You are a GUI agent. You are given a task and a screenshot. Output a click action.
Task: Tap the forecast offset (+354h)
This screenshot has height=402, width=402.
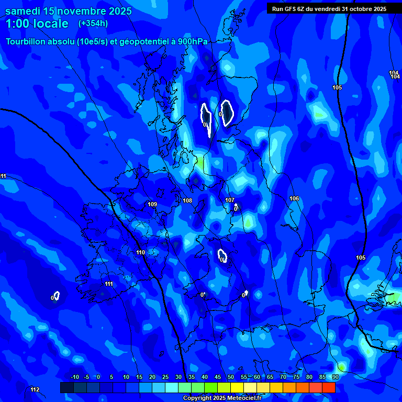[x=93, y=24]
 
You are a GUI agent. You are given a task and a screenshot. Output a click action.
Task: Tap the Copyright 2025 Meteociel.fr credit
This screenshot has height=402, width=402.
[x=222, y=398]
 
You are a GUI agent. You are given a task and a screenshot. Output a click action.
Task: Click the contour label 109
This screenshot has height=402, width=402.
[x=152, y=204]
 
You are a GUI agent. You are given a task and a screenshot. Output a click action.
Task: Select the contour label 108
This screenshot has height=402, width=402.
[x=187, y=200]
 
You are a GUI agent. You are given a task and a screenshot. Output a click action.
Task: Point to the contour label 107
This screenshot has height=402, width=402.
[x=230, y=200]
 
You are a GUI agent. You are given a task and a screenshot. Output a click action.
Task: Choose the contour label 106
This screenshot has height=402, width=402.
[x=294, y=198]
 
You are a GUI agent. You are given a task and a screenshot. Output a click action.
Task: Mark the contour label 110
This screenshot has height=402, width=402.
[x=140, y=252]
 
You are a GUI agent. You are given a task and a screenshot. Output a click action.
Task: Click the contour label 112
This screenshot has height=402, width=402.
[x=35, y=389]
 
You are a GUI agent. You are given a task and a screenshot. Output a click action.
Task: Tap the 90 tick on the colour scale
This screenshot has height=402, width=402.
[x=335, y=377]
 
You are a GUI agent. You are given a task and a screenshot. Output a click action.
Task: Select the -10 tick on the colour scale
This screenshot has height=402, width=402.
[x=75, y=377]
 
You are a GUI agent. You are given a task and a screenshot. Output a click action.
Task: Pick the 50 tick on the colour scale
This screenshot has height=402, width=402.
[x=231, y=377]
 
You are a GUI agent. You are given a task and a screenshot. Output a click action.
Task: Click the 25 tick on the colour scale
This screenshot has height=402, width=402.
[x=165, y=377]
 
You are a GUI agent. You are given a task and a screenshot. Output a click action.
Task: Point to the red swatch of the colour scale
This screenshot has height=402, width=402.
[x=329, y=387]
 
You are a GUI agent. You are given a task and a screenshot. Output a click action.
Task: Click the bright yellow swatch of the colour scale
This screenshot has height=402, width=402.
[x=237, y=387]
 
